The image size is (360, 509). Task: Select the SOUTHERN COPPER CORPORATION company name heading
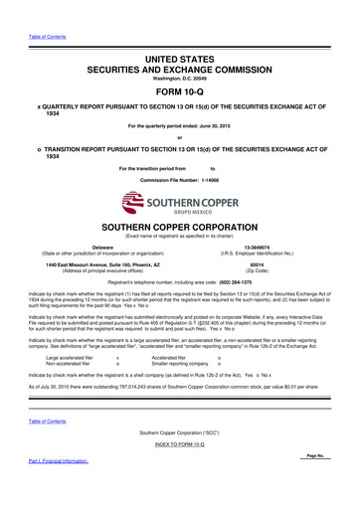[x=179, y=199]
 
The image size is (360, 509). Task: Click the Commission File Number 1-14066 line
[x=179, y=154]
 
